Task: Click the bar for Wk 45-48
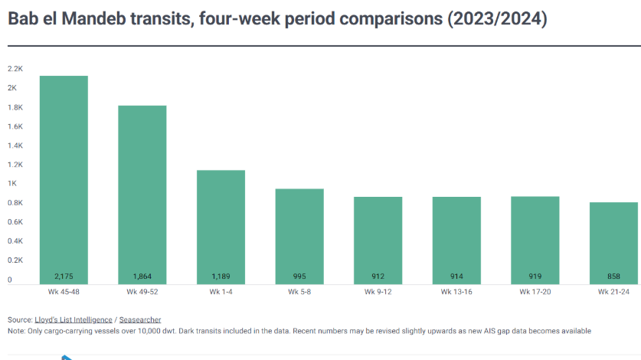(x=64, y=180)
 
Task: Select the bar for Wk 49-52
(x=142, y=195)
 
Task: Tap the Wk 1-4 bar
(x=221, y=227)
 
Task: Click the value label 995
(x=299, y=276)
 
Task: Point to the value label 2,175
(x=64, y=276)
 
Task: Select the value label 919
(x=535, y=276)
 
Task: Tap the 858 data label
(x=613, y=276)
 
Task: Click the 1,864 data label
(x=142, y=276)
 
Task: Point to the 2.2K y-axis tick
(x=15, y=69)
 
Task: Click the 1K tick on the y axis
(x=12, y=184)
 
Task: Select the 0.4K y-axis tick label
(x=15, y=241)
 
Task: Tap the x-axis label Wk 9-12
(x=378, y=292)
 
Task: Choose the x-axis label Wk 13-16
(x=456, y=292)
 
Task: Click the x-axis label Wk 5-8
(x=299, y=292)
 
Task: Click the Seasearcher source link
(x=140, y=319)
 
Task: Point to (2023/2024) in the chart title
(x=495, y=19)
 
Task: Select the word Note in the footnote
(x=15, y=331)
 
